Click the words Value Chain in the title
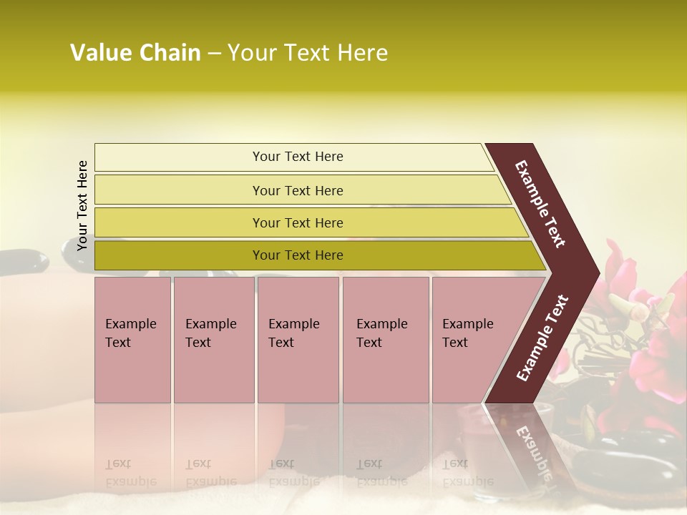pos(135,53)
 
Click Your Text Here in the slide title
pos(307,53)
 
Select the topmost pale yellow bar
pos(297,157)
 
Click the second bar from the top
pos(297,190)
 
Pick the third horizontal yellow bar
pos(297,222)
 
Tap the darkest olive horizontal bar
pos(297,255)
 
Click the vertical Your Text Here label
pos(82,205)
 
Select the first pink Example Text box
pos(132,339)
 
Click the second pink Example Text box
pos(213,339)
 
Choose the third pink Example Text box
pos(298,339)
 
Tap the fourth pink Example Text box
pos(385,339)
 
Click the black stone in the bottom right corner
pos(637,458)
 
